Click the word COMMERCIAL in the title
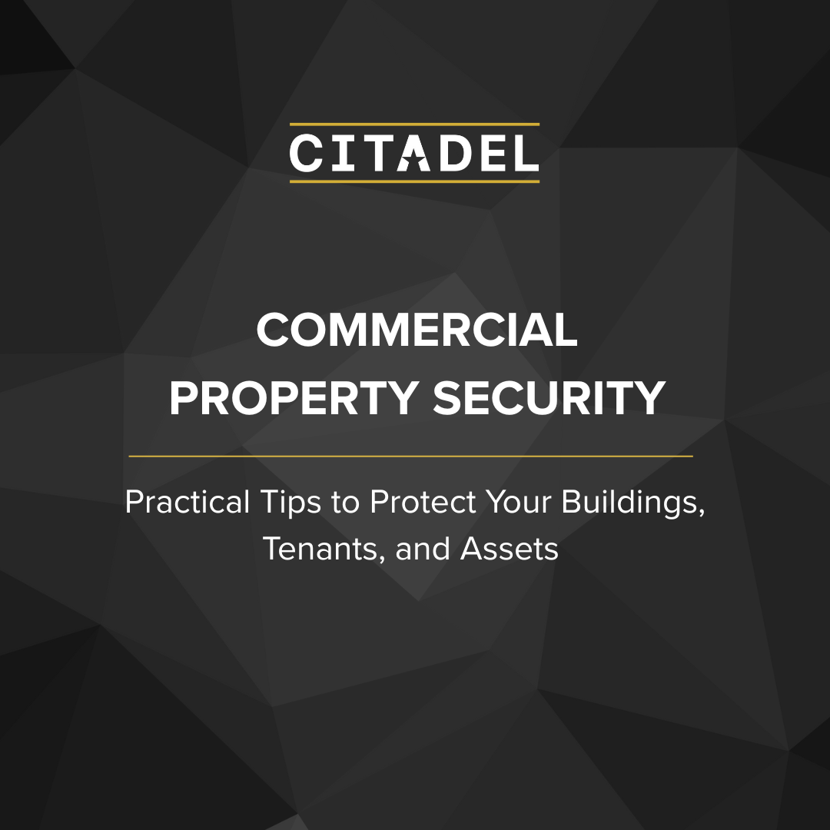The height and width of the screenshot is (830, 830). (x=417, y=330)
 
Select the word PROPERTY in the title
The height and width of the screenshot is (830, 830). (x=294, y=398)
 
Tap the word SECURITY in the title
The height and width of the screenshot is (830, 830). (x=549, y=398)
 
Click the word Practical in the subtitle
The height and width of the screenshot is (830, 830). (x=187, y=501)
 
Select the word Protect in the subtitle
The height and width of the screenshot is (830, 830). (x=423, y=501)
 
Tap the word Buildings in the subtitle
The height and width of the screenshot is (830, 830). (x=632, y=503)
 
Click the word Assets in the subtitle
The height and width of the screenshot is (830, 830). (x=510, y=549)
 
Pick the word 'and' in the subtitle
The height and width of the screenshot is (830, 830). (x=423, y=549)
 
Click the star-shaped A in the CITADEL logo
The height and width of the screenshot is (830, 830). (x=413, y=153)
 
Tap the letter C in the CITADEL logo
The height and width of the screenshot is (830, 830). (x=306, y=153)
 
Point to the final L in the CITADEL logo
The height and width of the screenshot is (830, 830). (x=526, y=153)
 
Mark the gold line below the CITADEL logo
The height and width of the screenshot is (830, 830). (x=414, y=181)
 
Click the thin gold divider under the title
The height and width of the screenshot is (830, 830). (x=410, y=456)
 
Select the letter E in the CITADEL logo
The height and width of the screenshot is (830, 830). (x=493, y=153)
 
